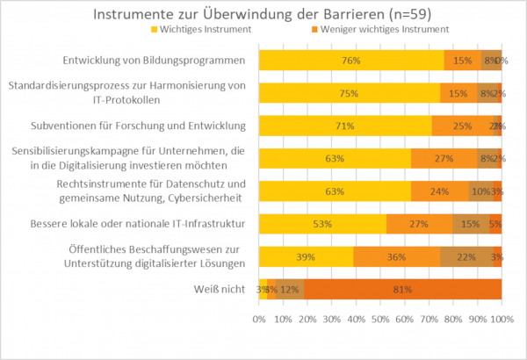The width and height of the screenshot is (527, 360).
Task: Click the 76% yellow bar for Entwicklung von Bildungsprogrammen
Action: (x=350, y=61)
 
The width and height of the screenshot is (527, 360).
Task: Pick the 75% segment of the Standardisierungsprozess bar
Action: (x=350, y=93)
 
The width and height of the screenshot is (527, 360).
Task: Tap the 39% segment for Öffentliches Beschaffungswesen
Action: (x=306, y=256)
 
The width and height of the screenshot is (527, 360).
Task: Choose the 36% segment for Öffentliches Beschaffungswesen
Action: (x=397, y=256)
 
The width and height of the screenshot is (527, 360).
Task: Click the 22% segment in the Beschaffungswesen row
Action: (x=467, y=256)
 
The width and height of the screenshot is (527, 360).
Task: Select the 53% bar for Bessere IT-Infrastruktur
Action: (x=322, y=224)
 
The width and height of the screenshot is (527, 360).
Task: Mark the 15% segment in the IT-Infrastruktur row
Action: (x=471, y=224)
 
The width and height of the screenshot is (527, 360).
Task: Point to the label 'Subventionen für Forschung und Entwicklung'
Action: (x=139, y=126)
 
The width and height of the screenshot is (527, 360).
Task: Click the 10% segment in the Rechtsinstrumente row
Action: (x=480, y=191)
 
